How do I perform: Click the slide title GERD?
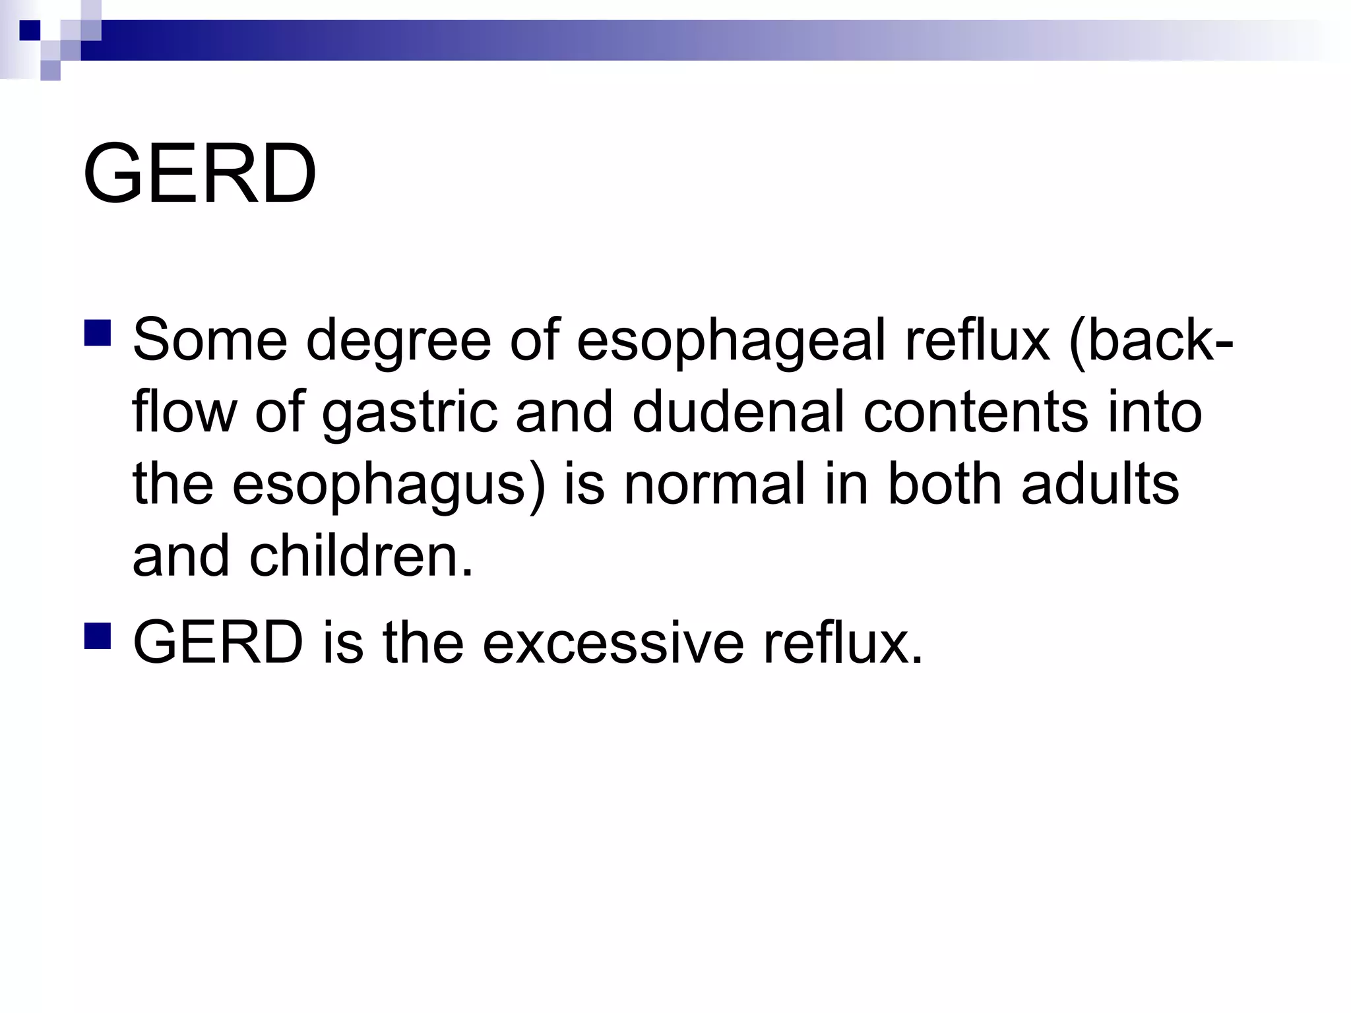(199, 174)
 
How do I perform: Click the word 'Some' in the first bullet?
(210, 340)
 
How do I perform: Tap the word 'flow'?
(184, 412)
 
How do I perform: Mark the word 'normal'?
(714, 484)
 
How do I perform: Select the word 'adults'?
(1100, 484)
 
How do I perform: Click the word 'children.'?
(361, 556)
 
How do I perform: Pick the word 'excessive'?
(613, 643)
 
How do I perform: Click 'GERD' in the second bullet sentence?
(218, 643)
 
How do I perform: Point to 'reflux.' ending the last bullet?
(842, 643)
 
